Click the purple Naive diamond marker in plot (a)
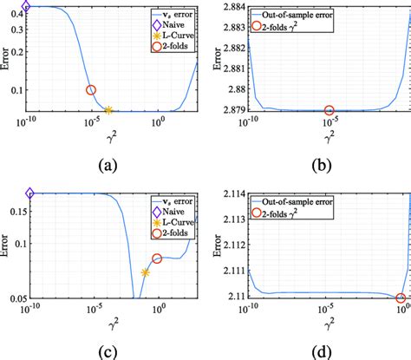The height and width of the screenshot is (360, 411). tap(26, 6)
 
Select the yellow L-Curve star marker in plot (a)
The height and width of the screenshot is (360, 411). tap(108, 110)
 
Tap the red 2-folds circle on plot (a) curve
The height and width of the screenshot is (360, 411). tap(91, 90)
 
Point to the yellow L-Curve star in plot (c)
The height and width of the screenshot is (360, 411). tap(145, 272)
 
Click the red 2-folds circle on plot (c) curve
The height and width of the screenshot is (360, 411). tap(157, 259)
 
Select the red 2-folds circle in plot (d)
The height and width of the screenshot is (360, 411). tap(401, 298)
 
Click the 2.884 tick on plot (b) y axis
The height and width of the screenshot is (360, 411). tap(232, 7)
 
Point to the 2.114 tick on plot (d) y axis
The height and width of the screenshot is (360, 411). tap(232, 193)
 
